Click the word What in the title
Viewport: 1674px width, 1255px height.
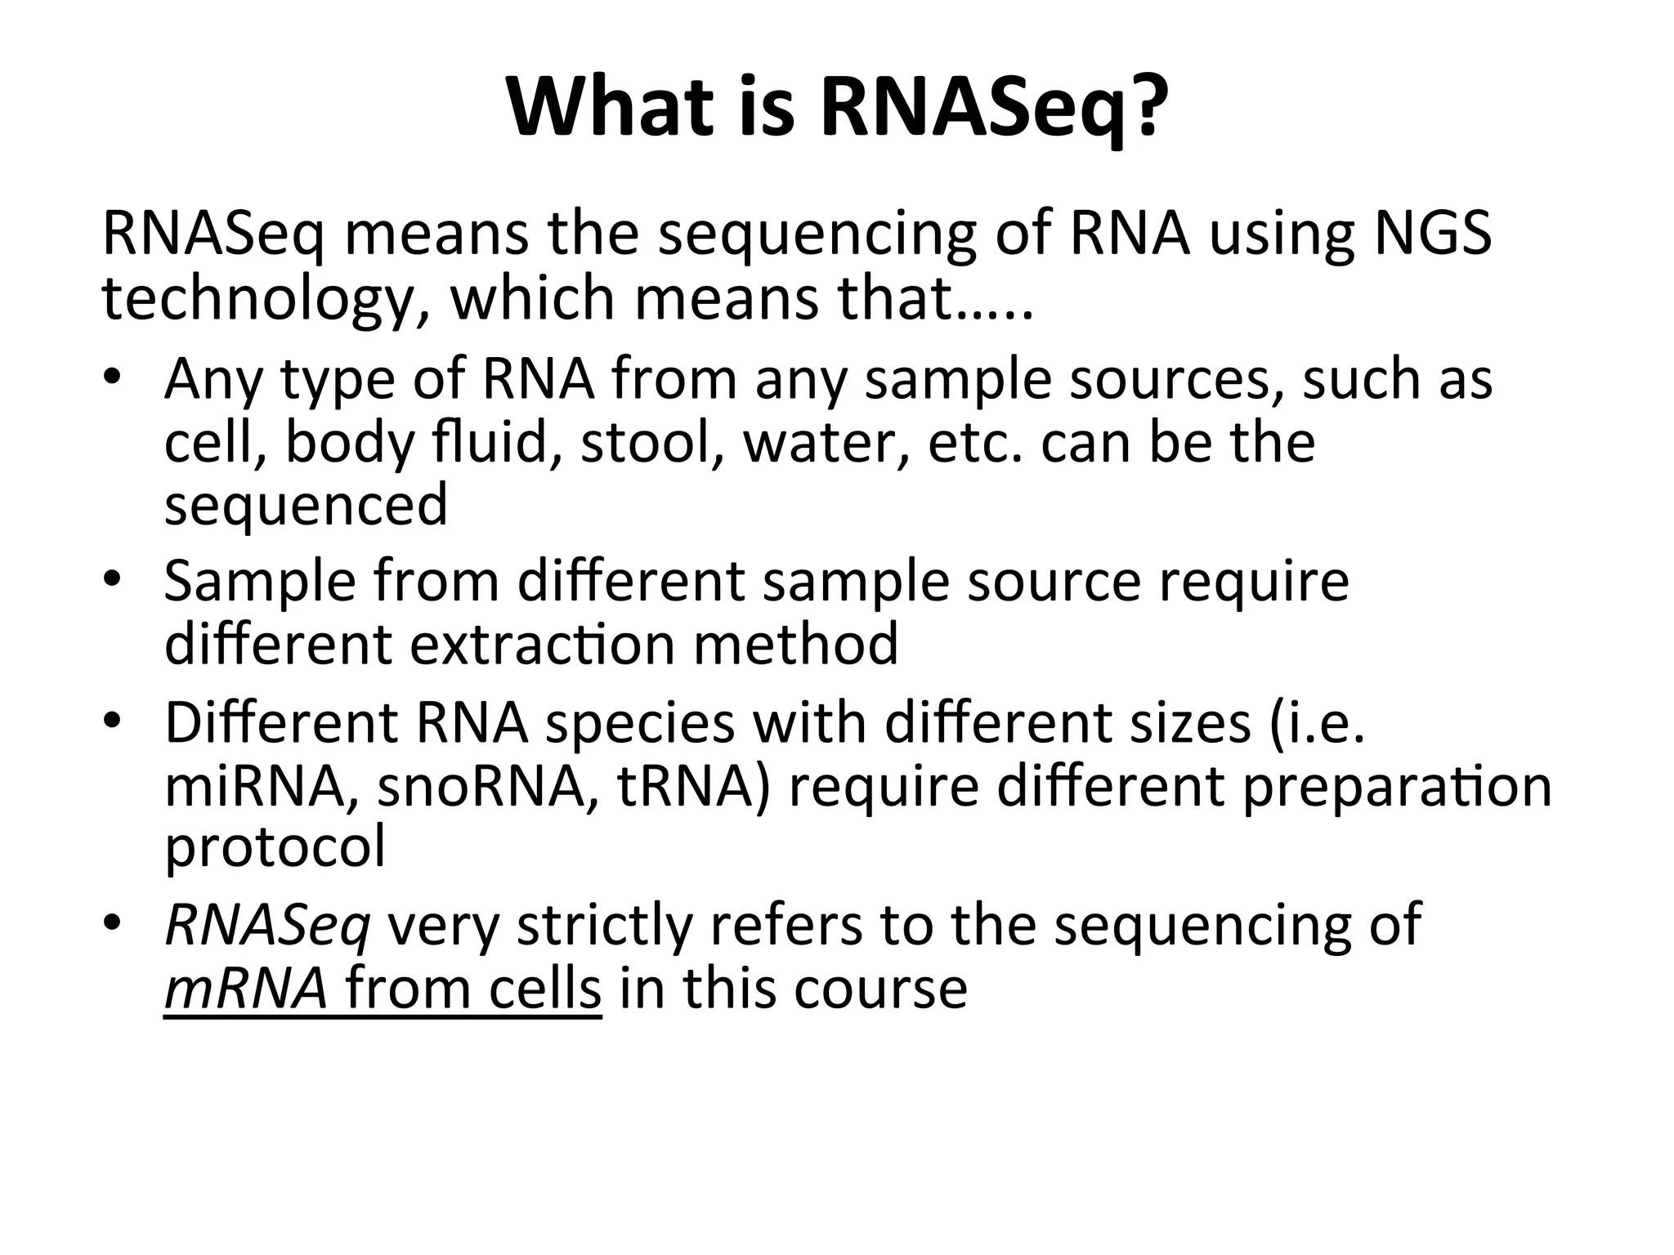[x=609, y=108]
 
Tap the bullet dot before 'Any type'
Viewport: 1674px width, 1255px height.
[x=113, y=379]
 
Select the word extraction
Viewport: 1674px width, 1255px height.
[x=541, y=644]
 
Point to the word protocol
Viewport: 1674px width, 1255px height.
[x=275, y=847]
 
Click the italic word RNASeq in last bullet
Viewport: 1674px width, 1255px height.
[x=267, y=927]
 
